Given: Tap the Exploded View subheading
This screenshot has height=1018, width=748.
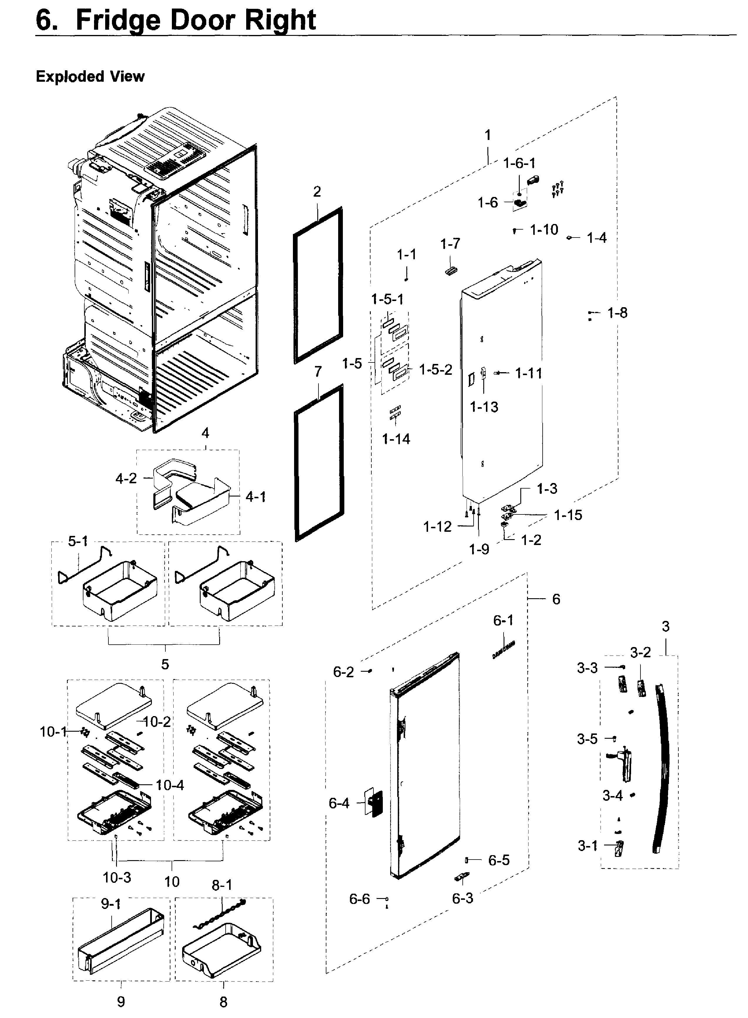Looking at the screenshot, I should coord(90,76).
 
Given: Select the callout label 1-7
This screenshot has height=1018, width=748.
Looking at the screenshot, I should coord(450,244).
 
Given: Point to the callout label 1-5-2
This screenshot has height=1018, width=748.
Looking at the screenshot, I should coord(436,370).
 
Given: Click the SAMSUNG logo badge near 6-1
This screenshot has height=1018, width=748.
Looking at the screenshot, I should coord(504,649).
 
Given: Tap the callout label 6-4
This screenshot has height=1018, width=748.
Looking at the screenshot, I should coord(339,803).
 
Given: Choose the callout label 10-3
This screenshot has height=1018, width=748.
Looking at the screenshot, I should coord(117,877).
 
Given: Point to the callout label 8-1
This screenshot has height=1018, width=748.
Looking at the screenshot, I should coord(222,885).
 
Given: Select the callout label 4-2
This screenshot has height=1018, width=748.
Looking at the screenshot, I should coord(126,478).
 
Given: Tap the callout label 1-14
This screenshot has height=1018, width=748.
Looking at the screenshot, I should coord(396,439).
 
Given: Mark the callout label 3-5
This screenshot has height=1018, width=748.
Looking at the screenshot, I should coord(587,739).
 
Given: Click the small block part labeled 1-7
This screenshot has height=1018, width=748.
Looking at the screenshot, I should coord(451,270).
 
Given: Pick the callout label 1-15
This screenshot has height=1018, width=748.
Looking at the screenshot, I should coord(568,515).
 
